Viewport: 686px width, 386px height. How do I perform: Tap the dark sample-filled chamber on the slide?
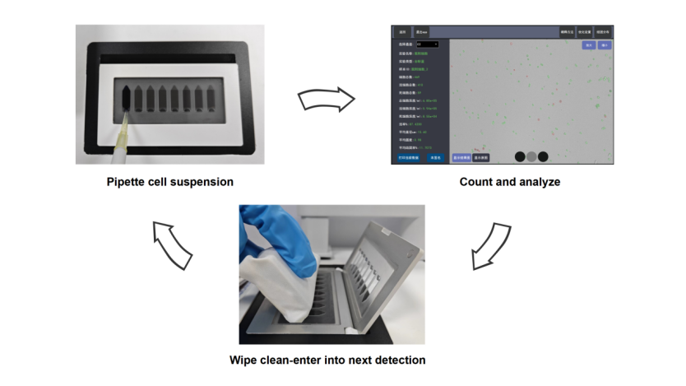[126, 97]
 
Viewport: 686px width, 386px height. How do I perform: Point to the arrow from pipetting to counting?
[326, 100]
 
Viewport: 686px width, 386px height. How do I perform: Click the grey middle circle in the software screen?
[531, 156]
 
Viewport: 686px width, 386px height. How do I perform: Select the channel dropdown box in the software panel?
[427, 44]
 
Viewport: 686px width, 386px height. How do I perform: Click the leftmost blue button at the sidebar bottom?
[409, 156]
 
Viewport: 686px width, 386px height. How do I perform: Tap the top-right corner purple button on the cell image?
[605, 45]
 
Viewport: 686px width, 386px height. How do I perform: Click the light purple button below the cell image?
[461, 156]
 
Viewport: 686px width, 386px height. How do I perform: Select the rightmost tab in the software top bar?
[603, 31]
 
